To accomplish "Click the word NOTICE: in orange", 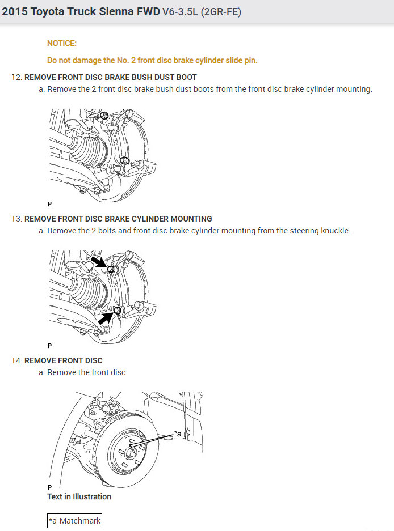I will (61, 43).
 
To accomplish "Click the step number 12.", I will (16, 77).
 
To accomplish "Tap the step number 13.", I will (16, 219).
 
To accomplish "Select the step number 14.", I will (16, 360).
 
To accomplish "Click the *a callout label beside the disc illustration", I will (178, 434).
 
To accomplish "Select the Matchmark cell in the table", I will (80, 521).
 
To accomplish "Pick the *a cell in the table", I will (53, 521).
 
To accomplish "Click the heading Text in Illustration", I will (79, 496).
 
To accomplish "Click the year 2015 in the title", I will (14, 11).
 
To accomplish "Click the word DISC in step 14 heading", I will (93, 360).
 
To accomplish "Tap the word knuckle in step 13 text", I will (336, 231).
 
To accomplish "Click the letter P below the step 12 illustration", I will (49, 203).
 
